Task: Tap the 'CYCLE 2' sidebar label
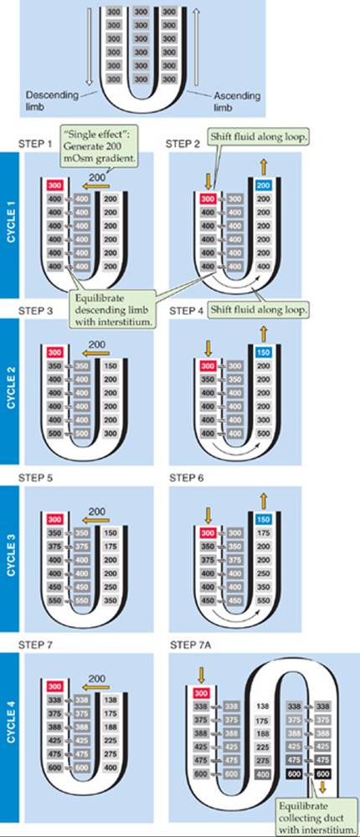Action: (x=11, y=391)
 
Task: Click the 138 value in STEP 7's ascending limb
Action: (x=110, y=699)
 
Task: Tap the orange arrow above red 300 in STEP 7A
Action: (x=202, y=675)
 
